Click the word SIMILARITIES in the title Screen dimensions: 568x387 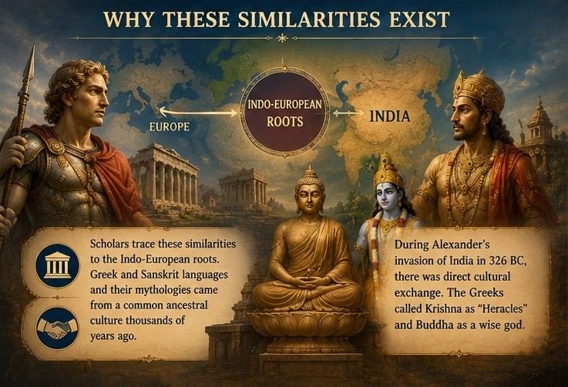(309, 19)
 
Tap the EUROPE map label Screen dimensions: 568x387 (170, 127)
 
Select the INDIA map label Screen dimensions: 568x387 (390, 116)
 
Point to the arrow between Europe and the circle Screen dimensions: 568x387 (198, 113)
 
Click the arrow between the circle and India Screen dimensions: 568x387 (348, 113)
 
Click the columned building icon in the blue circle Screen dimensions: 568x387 (57, 266)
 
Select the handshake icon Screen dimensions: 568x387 (57, 328)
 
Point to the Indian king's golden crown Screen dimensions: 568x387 (479, 91)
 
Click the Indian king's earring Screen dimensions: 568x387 (484, 129)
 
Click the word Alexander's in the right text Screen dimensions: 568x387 (460, 245)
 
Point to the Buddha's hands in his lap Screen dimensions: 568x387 (308, 281)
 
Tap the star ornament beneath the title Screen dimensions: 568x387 (281, 38)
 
